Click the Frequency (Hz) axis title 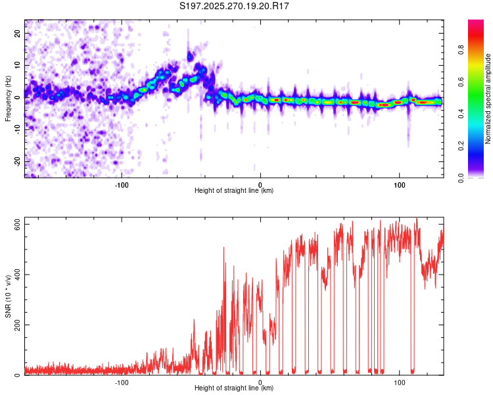tap(8, 99)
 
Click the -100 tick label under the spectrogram tap(122, 184)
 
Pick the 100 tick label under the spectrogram tap(399, 184)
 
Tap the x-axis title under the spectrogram tap(234, 191)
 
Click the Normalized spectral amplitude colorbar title tap(488, 99)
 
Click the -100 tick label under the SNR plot tap(122, 382)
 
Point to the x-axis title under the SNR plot tap(234, 389)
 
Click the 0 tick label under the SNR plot tap(260, 382)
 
